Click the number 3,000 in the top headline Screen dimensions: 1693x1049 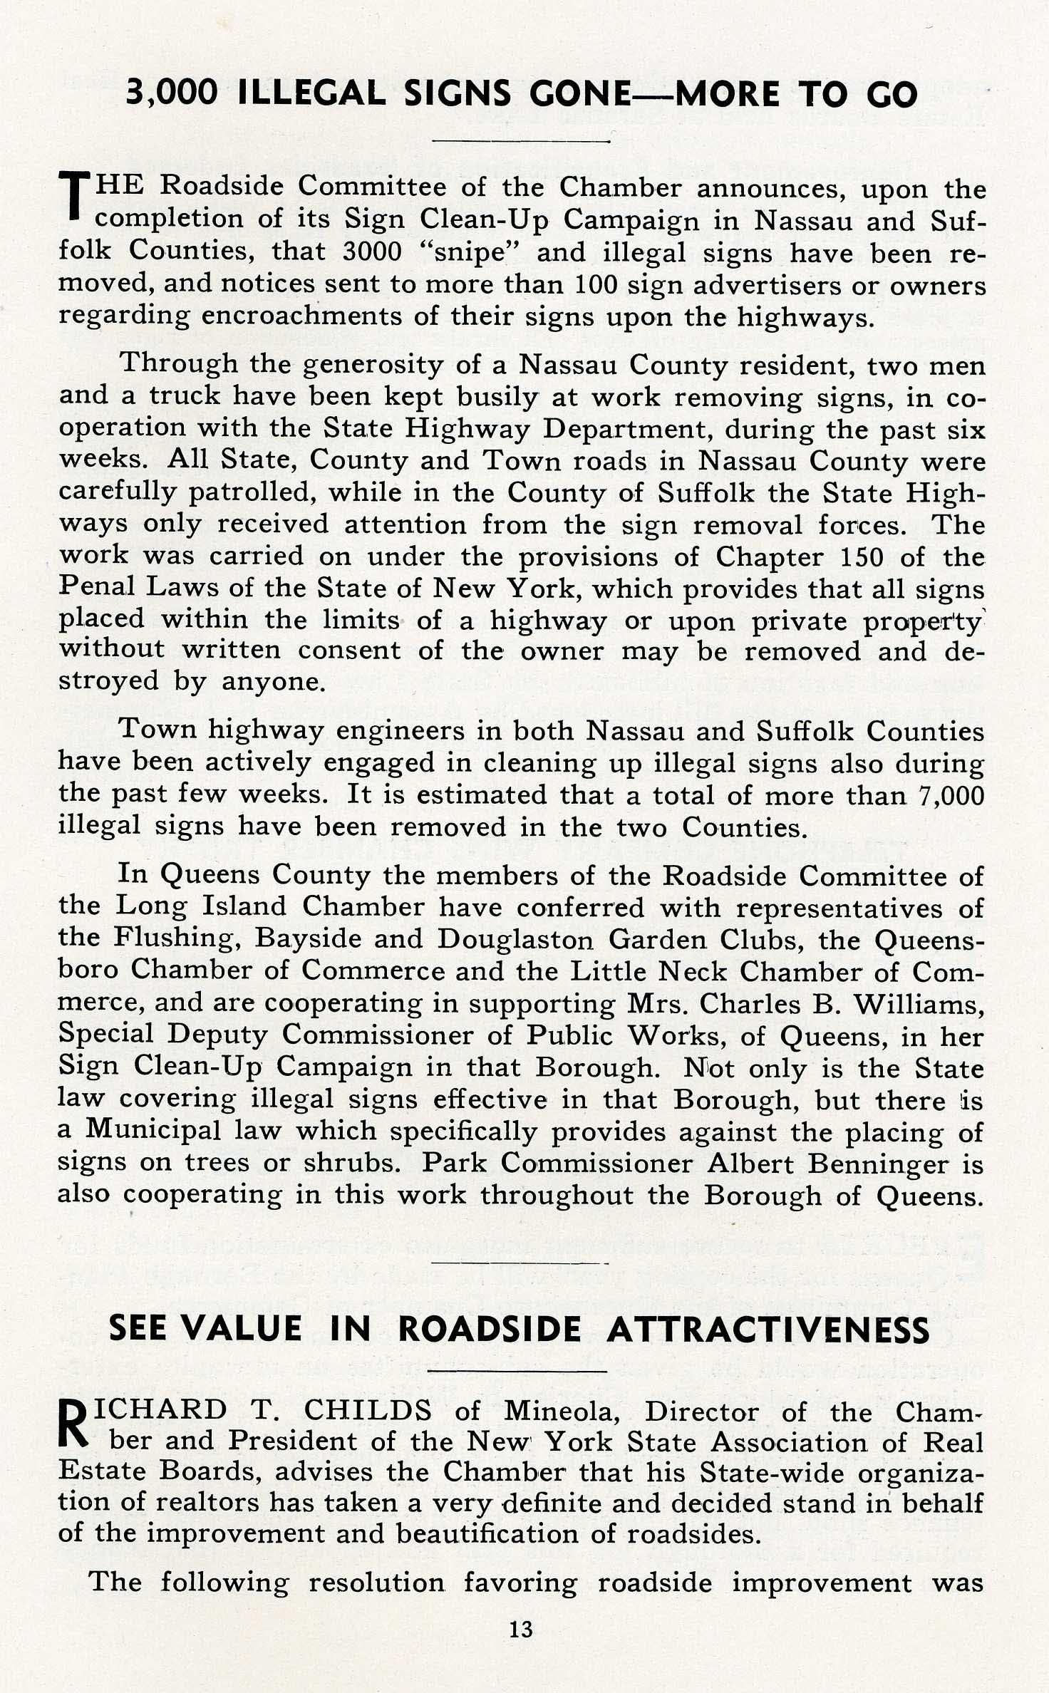pos(172,94)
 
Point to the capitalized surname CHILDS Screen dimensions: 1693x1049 pos(368,1410)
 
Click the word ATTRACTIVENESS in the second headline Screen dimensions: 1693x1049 pos(768,1330)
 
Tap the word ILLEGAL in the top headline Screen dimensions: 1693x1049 pos(312,94)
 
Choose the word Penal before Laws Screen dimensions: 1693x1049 pos(97,588)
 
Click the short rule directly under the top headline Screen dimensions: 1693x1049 pos(521,140)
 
